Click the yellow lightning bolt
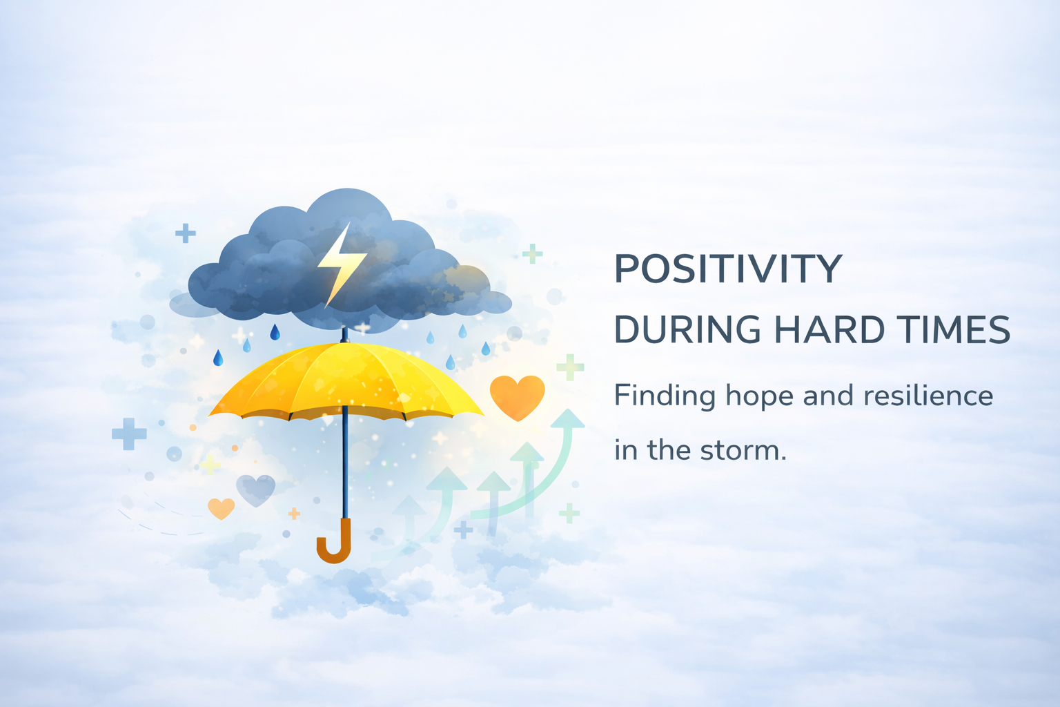click(x=340, y=264)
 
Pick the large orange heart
click(x=517, y=397)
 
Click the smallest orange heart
click(x=221, y=509)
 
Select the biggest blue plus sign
click(x=129, y=434)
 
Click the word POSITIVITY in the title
click(x=728, y=269)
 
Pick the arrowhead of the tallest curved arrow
click(x=567, y=419)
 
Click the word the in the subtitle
click(x=668, y=450)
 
